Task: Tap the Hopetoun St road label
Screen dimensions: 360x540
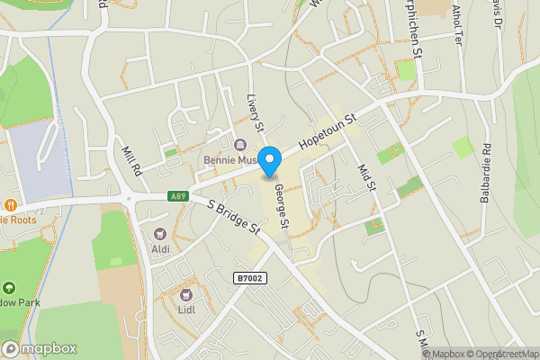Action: click(328, 131)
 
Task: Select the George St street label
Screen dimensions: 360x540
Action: click(282, 205)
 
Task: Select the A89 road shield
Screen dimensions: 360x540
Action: click(177, 196)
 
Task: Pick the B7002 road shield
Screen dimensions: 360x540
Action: click(250, 279)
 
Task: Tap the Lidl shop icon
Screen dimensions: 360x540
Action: click(187, 294)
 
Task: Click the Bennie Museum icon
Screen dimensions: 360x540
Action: click(240, 146)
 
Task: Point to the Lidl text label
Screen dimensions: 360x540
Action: click(187, 310)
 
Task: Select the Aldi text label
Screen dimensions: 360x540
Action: click(159, 249)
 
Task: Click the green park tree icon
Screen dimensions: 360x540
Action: click(10, 289)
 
